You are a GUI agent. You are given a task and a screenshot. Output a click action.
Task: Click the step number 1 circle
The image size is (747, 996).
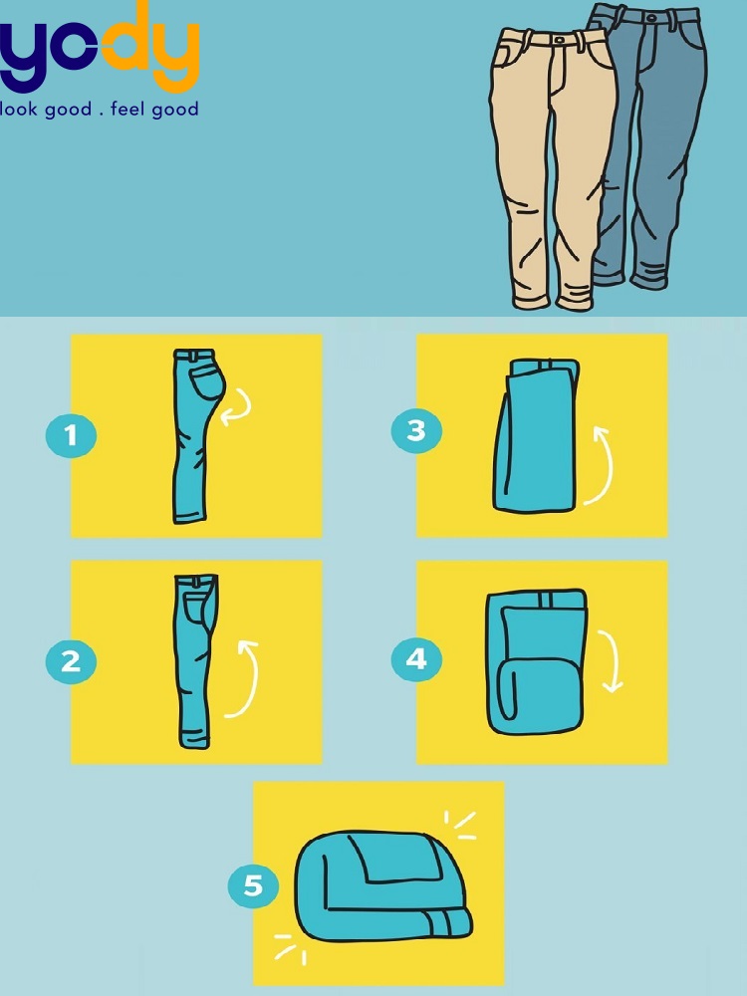(x=71, y=436)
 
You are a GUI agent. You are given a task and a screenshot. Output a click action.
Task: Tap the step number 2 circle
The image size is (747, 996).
(x=71, y=662)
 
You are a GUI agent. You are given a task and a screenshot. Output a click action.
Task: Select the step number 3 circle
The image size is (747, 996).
(x=416, y=431)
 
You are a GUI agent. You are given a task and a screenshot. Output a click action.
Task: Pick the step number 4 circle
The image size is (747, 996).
(x=416, y=659)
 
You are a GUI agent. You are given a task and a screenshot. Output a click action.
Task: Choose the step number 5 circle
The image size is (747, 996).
(x=253, y=885)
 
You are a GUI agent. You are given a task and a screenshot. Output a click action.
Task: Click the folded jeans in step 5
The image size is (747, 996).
(x=383, y=885)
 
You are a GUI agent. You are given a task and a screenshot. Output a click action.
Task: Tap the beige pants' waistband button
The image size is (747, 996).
(x=559, y=40)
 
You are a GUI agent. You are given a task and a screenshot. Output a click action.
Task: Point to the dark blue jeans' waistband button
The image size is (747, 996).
(x=650, y=17)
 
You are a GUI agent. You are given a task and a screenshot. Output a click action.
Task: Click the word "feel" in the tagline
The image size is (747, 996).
(x=128, y=109)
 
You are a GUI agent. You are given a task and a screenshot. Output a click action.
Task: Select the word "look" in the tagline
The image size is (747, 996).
(x=18, y=109)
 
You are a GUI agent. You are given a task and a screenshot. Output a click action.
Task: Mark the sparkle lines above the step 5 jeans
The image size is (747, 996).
(x=460, y=825)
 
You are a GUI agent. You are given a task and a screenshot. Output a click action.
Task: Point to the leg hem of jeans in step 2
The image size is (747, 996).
(x=194, y=742)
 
